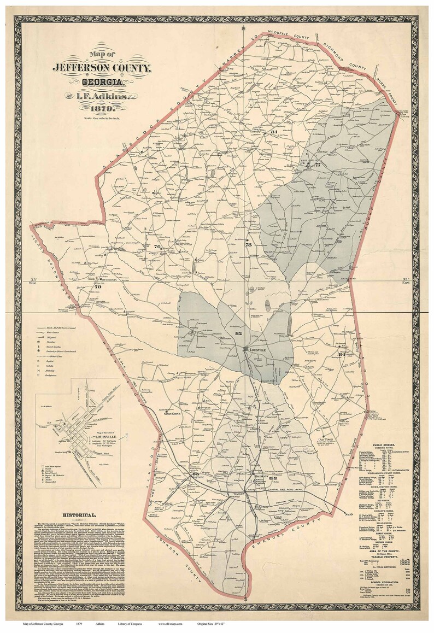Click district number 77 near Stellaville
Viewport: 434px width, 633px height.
317,165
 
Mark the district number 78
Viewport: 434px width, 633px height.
249,245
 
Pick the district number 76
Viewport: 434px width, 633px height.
157,247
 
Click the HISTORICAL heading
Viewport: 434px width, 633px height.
80,515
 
